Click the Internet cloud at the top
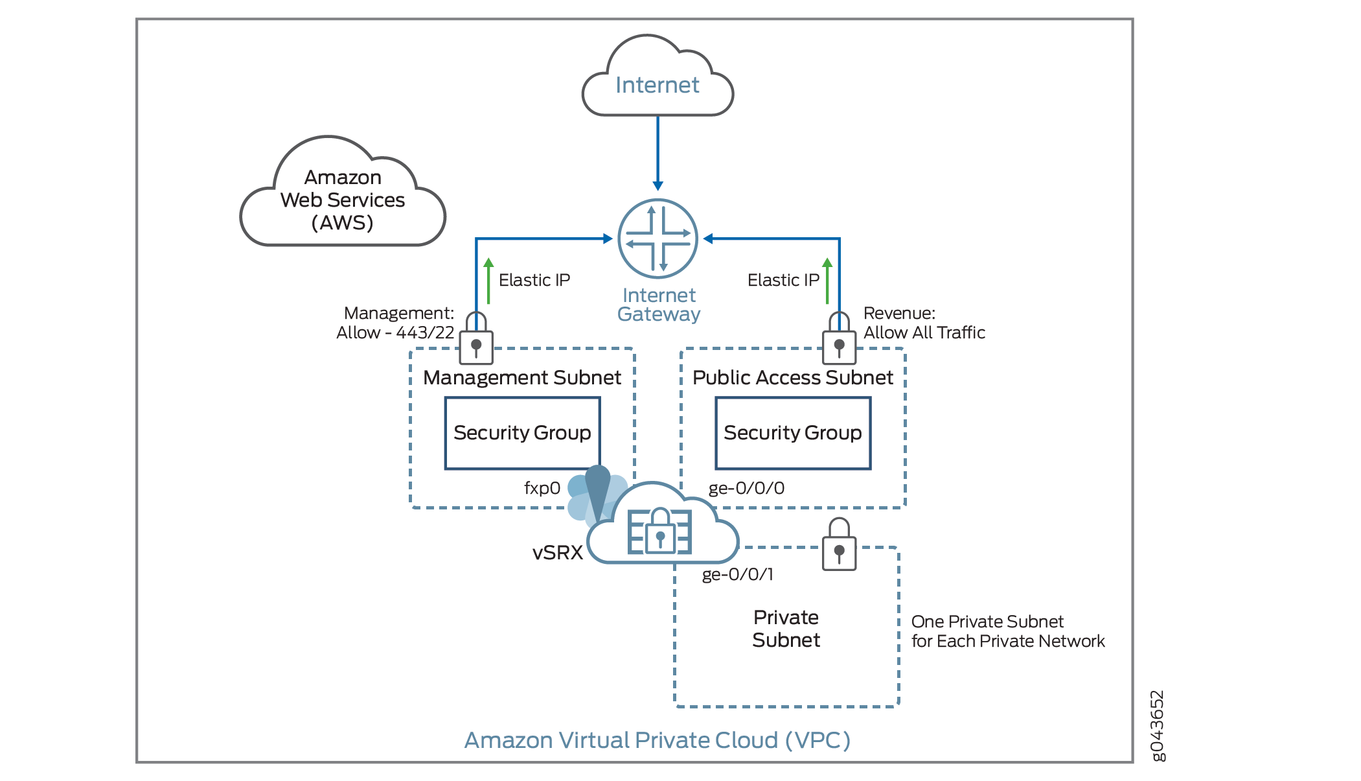tap(658, 81)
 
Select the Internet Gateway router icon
tap(658, 239)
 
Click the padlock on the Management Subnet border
tap(476, 340)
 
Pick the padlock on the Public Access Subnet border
tap(839, 340)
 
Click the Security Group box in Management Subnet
tap(522, 433)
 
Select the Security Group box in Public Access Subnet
tap(793, 433)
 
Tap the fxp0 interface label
tap(542, 488)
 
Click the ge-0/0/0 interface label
tap(746, 488)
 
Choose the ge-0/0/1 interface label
tap(738, 574)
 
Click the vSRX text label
tap(557, 553)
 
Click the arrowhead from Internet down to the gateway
tap(658, 185)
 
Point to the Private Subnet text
tap(786, 629)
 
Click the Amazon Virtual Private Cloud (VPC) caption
tap(657, 740)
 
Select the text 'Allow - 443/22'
tap(395, 332)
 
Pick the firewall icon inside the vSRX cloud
tap(659, 531)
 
